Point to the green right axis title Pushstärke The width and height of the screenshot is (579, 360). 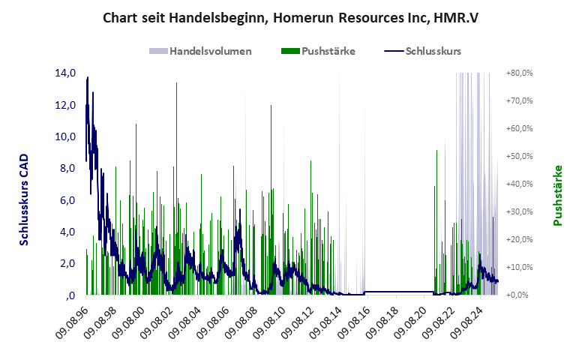[x=557, y=195]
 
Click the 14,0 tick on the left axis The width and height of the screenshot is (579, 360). [x=65, y=73]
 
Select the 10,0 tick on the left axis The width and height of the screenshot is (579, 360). [x=65, y=136]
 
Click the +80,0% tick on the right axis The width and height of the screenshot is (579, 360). [x=518, y=73]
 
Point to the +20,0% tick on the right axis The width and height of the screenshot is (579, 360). [x=518, y=240]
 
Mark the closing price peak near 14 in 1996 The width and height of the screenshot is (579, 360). [x=88, y=77]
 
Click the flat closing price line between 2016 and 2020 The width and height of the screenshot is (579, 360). [x=397, y=291]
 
